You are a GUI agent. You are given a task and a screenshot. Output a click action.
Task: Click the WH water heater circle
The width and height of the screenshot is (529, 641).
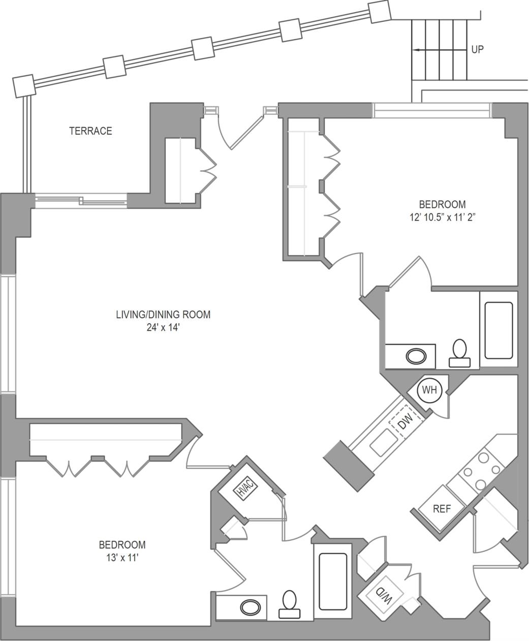click(430, 390)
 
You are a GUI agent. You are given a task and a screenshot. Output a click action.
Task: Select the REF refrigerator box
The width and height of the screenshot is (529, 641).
click(442, 509)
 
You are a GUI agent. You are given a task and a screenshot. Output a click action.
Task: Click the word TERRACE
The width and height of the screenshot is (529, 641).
click(90, 131)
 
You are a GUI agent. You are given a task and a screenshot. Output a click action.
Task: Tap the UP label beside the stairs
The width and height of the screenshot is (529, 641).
click(478, 50)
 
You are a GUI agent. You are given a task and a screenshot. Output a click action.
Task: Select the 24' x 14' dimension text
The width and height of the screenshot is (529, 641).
click(163, 328)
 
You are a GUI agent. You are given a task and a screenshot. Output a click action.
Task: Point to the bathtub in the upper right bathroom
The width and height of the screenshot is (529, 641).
click(499, 330)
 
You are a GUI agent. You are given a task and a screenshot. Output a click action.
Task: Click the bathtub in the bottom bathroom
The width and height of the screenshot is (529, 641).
click(333, 582)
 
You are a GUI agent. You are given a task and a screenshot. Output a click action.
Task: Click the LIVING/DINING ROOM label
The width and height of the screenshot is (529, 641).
click(163, 315)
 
